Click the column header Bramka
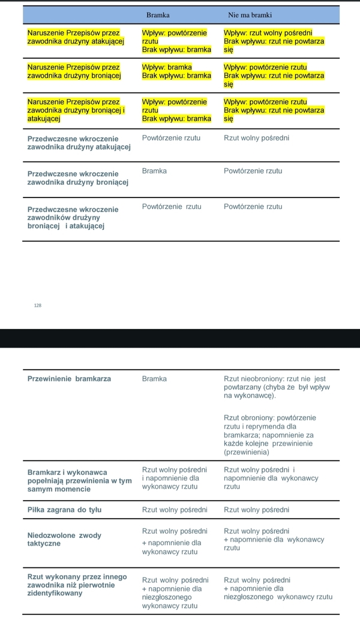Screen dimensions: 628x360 pos(158,14)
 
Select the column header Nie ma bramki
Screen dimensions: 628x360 pos(250,14)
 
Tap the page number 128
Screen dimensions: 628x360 pos(38,306)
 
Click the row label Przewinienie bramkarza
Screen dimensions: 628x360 pos(69,379)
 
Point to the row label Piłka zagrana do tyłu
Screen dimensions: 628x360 pos(64,510)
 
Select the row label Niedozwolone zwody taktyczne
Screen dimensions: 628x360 pos(64,539)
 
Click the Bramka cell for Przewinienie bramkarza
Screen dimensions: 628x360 pos(154,379)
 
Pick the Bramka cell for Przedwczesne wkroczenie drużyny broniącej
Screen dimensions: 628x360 pos(154,171)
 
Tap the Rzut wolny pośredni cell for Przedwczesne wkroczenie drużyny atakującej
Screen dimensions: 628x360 pos(256,138)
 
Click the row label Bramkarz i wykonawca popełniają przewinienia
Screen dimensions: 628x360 pos(79,480)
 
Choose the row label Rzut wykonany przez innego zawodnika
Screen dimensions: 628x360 pos(77,585)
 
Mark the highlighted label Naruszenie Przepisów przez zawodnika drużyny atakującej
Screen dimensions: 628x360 pos(76,37)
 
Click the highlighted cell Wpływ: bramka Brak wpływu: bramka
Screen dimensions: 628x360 pos(176,71)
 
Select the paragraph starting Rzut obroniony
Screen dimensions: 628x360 pos(269,435)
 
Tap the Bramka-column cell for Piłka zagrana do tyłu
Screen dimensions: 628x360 pos(175,510)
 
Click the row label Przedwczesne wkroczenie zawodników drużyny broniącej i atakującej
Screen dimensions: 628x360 pos(73,217)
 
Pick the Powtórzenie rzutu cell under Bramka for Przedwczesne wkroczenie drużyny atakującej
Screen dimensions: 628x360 pos(171,138)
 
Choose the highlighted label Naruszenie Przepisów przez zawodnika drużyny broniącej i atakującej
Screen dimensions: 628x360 pos(76,110)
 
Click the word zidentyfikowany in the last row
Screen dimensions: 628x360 pos(55,593)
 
